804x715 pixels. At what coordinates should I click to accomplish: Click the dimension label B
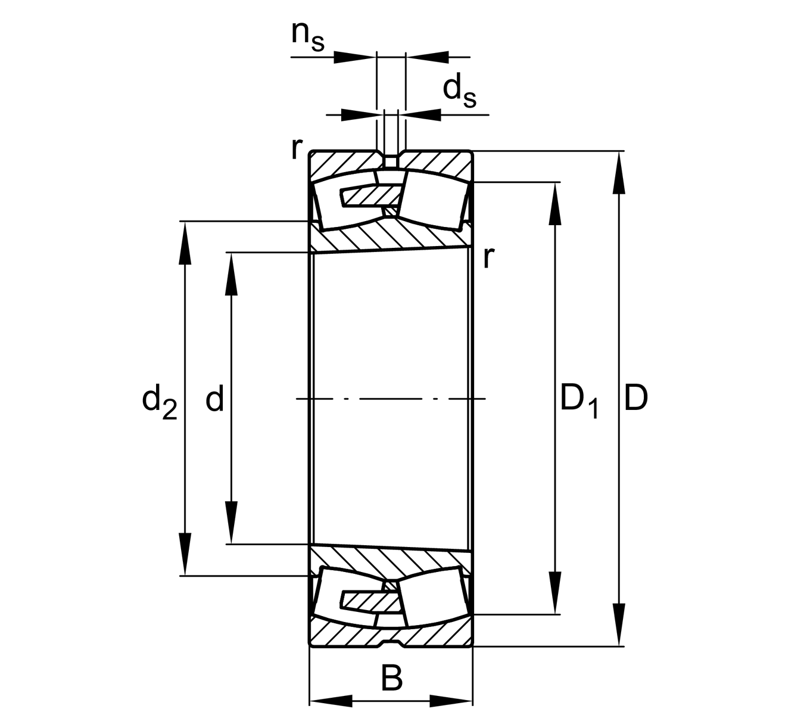pyautogui.click(x=391, y=678)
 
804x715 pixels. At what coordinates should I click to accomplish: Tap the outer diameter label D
pyautogui.click(x=635, y=399)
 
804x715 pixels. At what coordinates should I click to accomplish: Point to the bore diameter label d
pyautogui.click(x=215, y=399)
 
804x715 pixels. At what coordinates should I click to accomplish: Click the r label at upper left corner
pyautogui.click(x=297, y=148)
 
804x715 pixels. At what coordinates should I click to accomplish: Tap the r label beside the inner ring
pyautogui.click(x=488, y=257)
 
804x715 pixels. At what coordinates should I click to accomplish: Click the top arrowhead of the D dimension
pyautogui.click(x=619, y=173)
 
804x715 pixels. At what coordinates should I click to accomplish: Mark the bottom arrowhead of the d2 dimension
pyautogui.click(x=186, y=554)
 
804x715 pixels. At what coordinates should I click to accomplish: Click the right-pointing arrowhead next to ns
pyautogui.click(x=354, y=57)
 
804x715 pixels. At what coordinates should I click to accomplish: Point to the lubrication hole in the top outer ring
pyautogui.click(x=391, y=161)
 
